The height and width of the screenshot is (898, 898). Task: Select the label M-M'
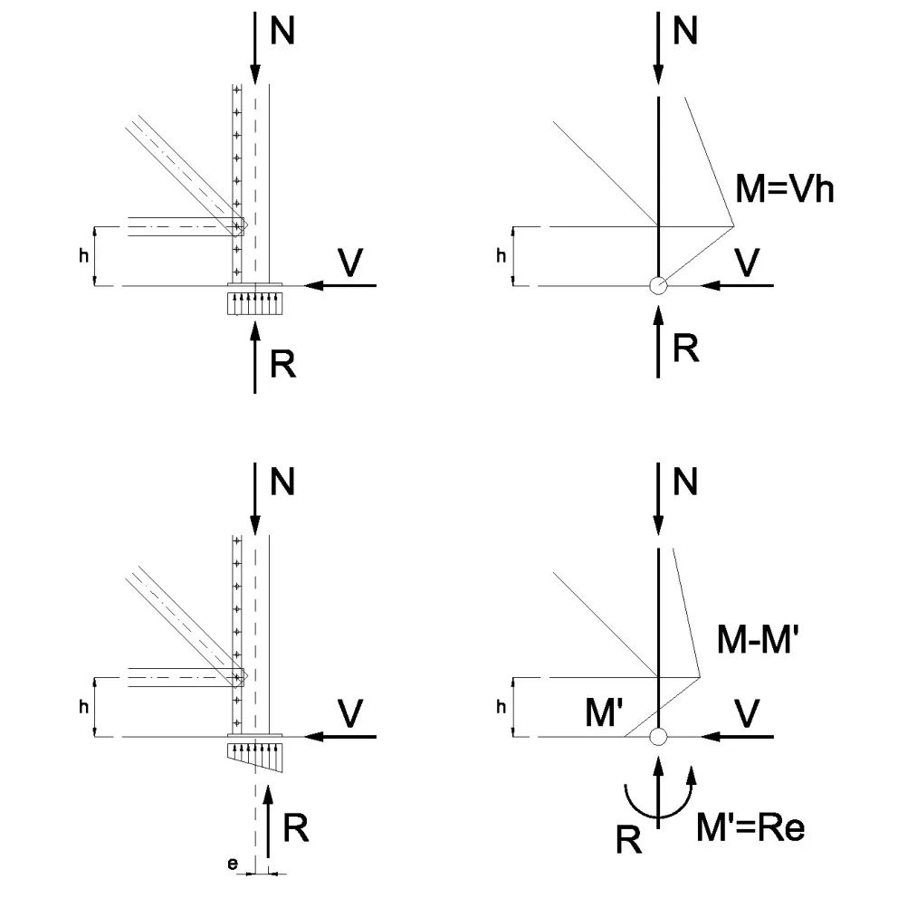(x=754, y=640)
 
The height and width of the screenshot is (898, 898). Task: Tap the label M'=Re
(x=750, y=826)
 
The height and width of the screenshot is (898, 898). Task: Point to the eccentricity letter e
(x=233, y=865)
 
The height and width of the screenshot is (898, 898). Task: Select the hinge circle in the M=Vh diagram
(x=658, y=285)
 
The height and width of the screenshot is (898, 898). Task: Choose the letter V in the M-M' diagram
(x=747, y=714)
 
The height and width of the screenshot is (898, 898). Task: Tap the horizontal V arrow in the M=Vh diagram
(x=738, y=285)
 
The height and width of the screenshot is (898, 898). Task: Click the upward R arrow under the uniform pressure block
(x=256, y=358)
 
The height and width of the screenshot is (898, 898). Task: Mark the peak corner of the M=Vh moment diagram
(x=731, y=225)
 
